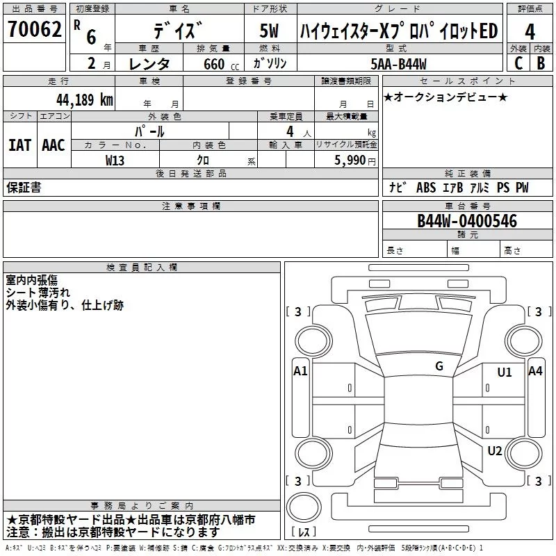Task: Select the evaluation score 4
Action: click(530, 31)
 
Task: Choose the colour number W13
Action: click(115, 160)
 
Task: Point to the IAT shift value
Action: click(19, 145)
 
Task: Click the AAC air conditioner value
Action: click(53, 145)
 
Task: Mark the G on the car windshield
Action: click(439, 366)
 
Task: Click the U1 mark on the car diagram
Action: click(505, 373)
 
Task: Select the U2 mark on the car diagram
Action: click(495, 451)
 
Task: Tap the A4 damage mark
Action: click(535, 371)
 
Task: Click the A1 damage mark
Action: click(300, 371)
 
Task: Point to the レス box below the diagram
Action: click(304, 532)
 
